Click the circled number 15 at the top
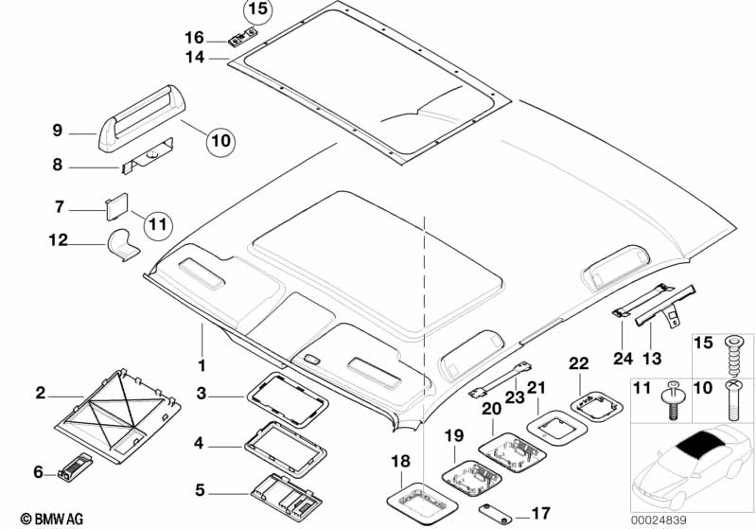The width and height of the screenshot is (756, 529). pos(257,12)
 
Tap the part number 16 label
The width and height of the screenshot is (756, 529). pos(194,38)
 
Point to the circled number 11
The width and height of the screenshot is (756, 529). pos(157,223)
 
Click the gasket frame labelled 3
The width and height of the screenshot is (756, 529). pos(287,391)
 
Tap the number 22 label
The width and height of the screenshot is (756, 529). pos(579,363)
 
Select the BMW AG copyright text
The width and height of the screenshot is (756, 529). pos(34,519)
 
